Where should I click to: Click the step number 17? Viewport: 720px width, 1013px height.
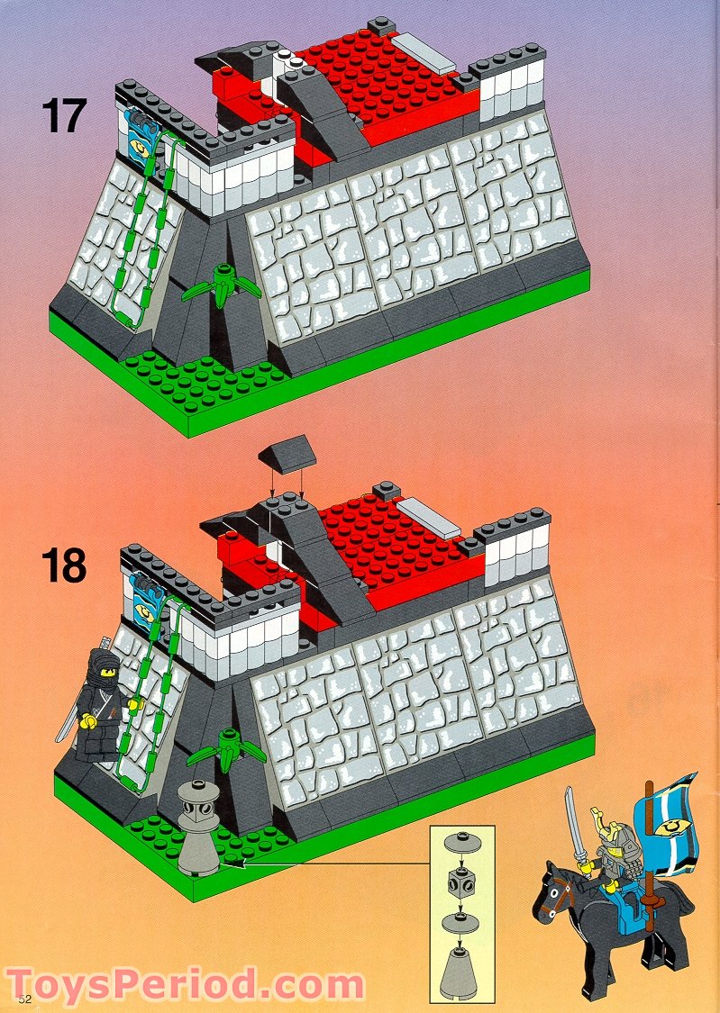click(x=63, y=116)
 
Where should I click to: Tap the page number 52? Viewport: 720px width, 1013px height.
click(x=23, y=998)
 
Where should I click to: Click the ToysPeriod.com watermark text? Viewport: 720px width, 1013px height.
click(x=185, y=984)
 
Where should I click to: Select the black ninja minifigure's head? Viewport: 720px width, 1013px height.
click(x=94, y=667)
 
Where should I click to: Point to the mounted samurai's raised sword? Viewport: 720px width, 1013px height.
click(x=570, y=821)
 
